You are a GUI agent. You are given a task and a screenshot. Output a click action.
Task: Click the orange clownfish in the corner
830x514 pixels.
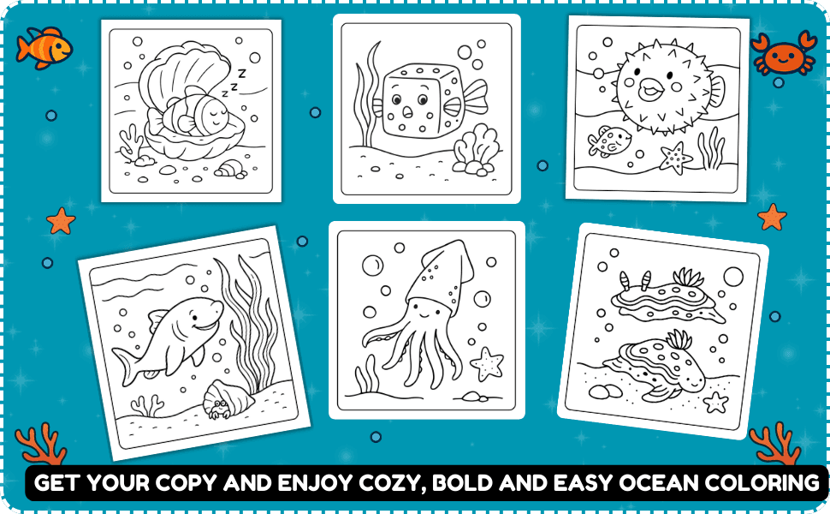point(44,48)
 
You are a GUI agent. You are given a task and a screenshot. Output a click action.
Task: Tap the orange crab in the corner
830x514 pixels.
point(784,53)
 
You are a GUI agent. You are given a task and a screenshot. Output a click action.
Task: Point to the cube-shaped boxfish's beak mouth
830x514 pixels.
point(407,112)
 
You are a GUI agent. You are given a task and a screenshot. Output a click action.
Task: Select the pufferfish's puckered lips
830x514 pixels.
point(650,89)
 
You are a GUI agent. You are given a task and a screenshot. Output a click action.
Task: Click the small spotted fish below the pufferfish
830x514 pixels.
point(609,141)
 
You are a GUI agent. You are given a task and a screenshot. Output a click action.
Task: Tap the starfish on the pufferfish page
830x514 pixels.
point(675,158)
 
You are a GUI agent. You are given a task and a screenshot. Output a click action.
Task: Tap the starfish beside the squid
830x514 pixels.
point(487,364)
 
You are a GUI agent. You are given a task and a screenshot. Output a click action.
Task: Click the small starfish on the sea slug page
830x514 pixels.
point(715,402)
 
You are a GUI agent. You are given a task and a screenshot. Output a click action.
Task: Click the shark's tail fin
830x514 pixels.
point(127,367)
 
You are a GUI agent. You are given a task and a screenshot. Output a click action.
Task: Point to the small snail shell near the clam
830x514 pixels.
point(229,169)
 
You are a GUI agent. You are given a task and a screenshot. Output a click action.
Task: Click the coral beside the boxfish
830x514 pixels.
point(476,150)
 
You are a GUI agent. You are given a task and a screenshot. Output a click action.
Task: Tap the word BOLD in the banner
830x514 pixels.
point(462,483)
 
